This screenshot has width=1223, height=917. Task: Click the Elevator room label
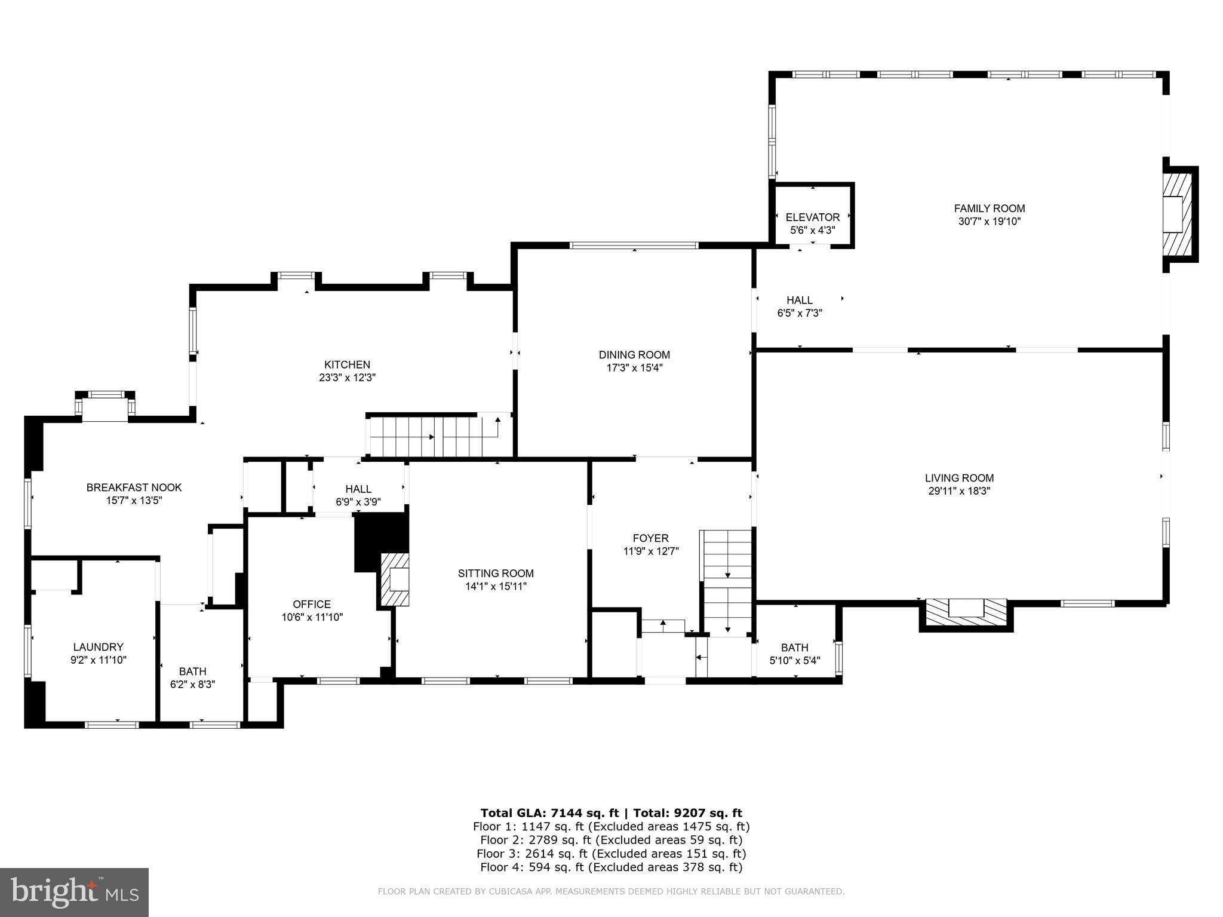pyautogui.click(x=812, y=217)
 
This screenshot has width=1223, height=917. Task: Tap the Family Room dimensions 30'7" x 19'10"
pyautogui.click(x=989, y=222)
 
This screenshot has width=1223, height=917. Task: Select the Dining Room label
pyautogui.click(x=634, y=355)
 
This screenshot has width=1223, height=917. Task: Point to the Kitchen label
pyautogui.click(x=347, y=364)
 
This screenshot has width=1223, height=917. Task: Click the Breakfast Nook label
pyautogui.click(x=134, y=487)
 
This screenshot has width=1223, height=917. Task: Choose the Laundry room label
pyautogui.click(x=98, y=647)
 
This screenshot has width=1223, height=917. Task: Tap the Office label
pyautogui.click(x=311, y=604)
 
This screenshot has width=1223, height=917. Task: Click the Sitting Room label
pyautogui.click(x=496, y=573)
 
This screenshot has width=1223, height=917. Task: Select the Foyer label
pyautogui.click(x=650, y=538)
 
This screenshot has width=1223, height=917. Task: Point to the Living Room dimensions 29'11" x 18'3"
pyautogui.click(x=959, y=491)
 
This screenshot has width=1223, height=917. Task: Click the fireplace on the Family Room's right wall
pyautogui.click(x=1176, y=214)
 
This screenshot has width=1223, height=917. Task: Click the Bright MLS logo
pyautogui.click(x=74, y=893)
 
